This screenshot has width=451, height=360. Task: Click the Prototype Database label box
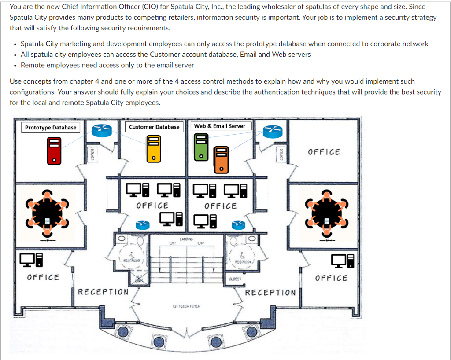point(51,128)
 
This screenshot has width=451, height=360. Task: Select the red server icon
point(54,150)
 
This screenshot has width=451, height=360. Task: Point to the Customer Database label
point(154,127)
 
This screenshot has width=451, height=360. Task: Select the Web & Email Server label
point(220,126)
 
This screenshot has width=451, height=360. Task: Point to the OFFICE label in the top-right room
point(324,152)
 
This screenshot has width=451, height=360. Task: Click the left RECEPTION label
point(104,292)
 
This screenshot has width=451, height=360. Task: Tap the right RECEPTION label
point(270,293)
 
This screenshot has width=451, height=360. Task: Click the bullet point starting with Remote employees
point(107,65)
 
